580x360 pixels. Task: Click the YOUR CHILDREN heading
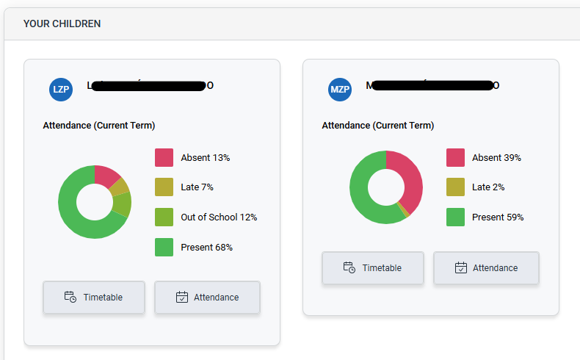(x=62, y=24)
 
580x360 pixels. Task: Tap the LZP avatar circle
(x=61, y=90)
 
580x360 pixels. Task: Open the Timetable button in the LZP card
(x=94, y=298)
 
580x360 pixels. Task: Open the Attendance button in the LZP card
(x=207, y=298)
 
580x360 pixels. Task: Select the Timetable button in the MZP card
(x=373, y=268)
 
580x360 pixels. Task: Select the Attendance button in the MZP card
(x=486, y=268)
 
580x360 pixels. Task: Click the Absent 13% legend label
(x=206, y=157)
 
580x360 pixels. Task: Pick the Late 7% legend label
(x=197, y=187)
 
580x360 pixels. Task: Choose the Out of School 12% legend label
(x=219, y=217)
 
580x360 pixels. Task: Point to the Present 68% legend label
(x=206, y=248)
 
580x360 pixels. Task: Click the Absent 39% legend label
(x=496, y=157)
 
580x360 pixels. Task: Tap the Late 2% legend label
(x=488, y=187)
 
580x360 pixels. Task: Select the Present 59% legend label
(x=498, y=217)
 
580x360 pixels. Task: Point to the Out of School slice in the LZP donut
(x=123, y=204)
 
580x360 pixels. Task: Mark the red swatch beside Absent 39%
(x=455, y=157)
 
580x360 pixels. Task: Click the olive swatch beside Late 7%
(x=164, y=187)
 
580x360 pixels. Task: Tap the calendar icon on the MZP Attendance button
(x=461, y=268)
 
